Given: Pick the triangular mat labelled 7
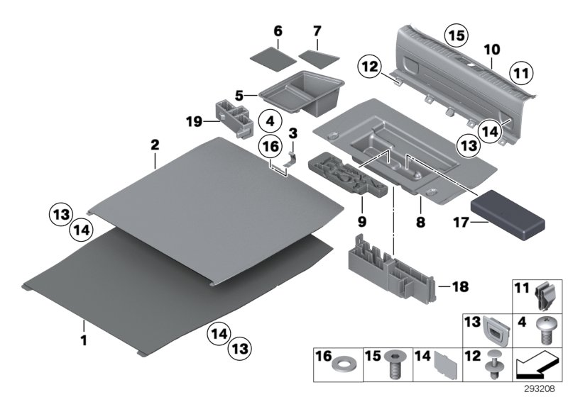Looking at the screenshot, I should [x=317, y=55].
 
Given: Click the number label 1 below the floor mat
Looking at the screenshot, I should [x=84, y=340].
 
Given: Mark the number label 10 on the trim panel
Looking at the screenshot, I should [x=491, y=50].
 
